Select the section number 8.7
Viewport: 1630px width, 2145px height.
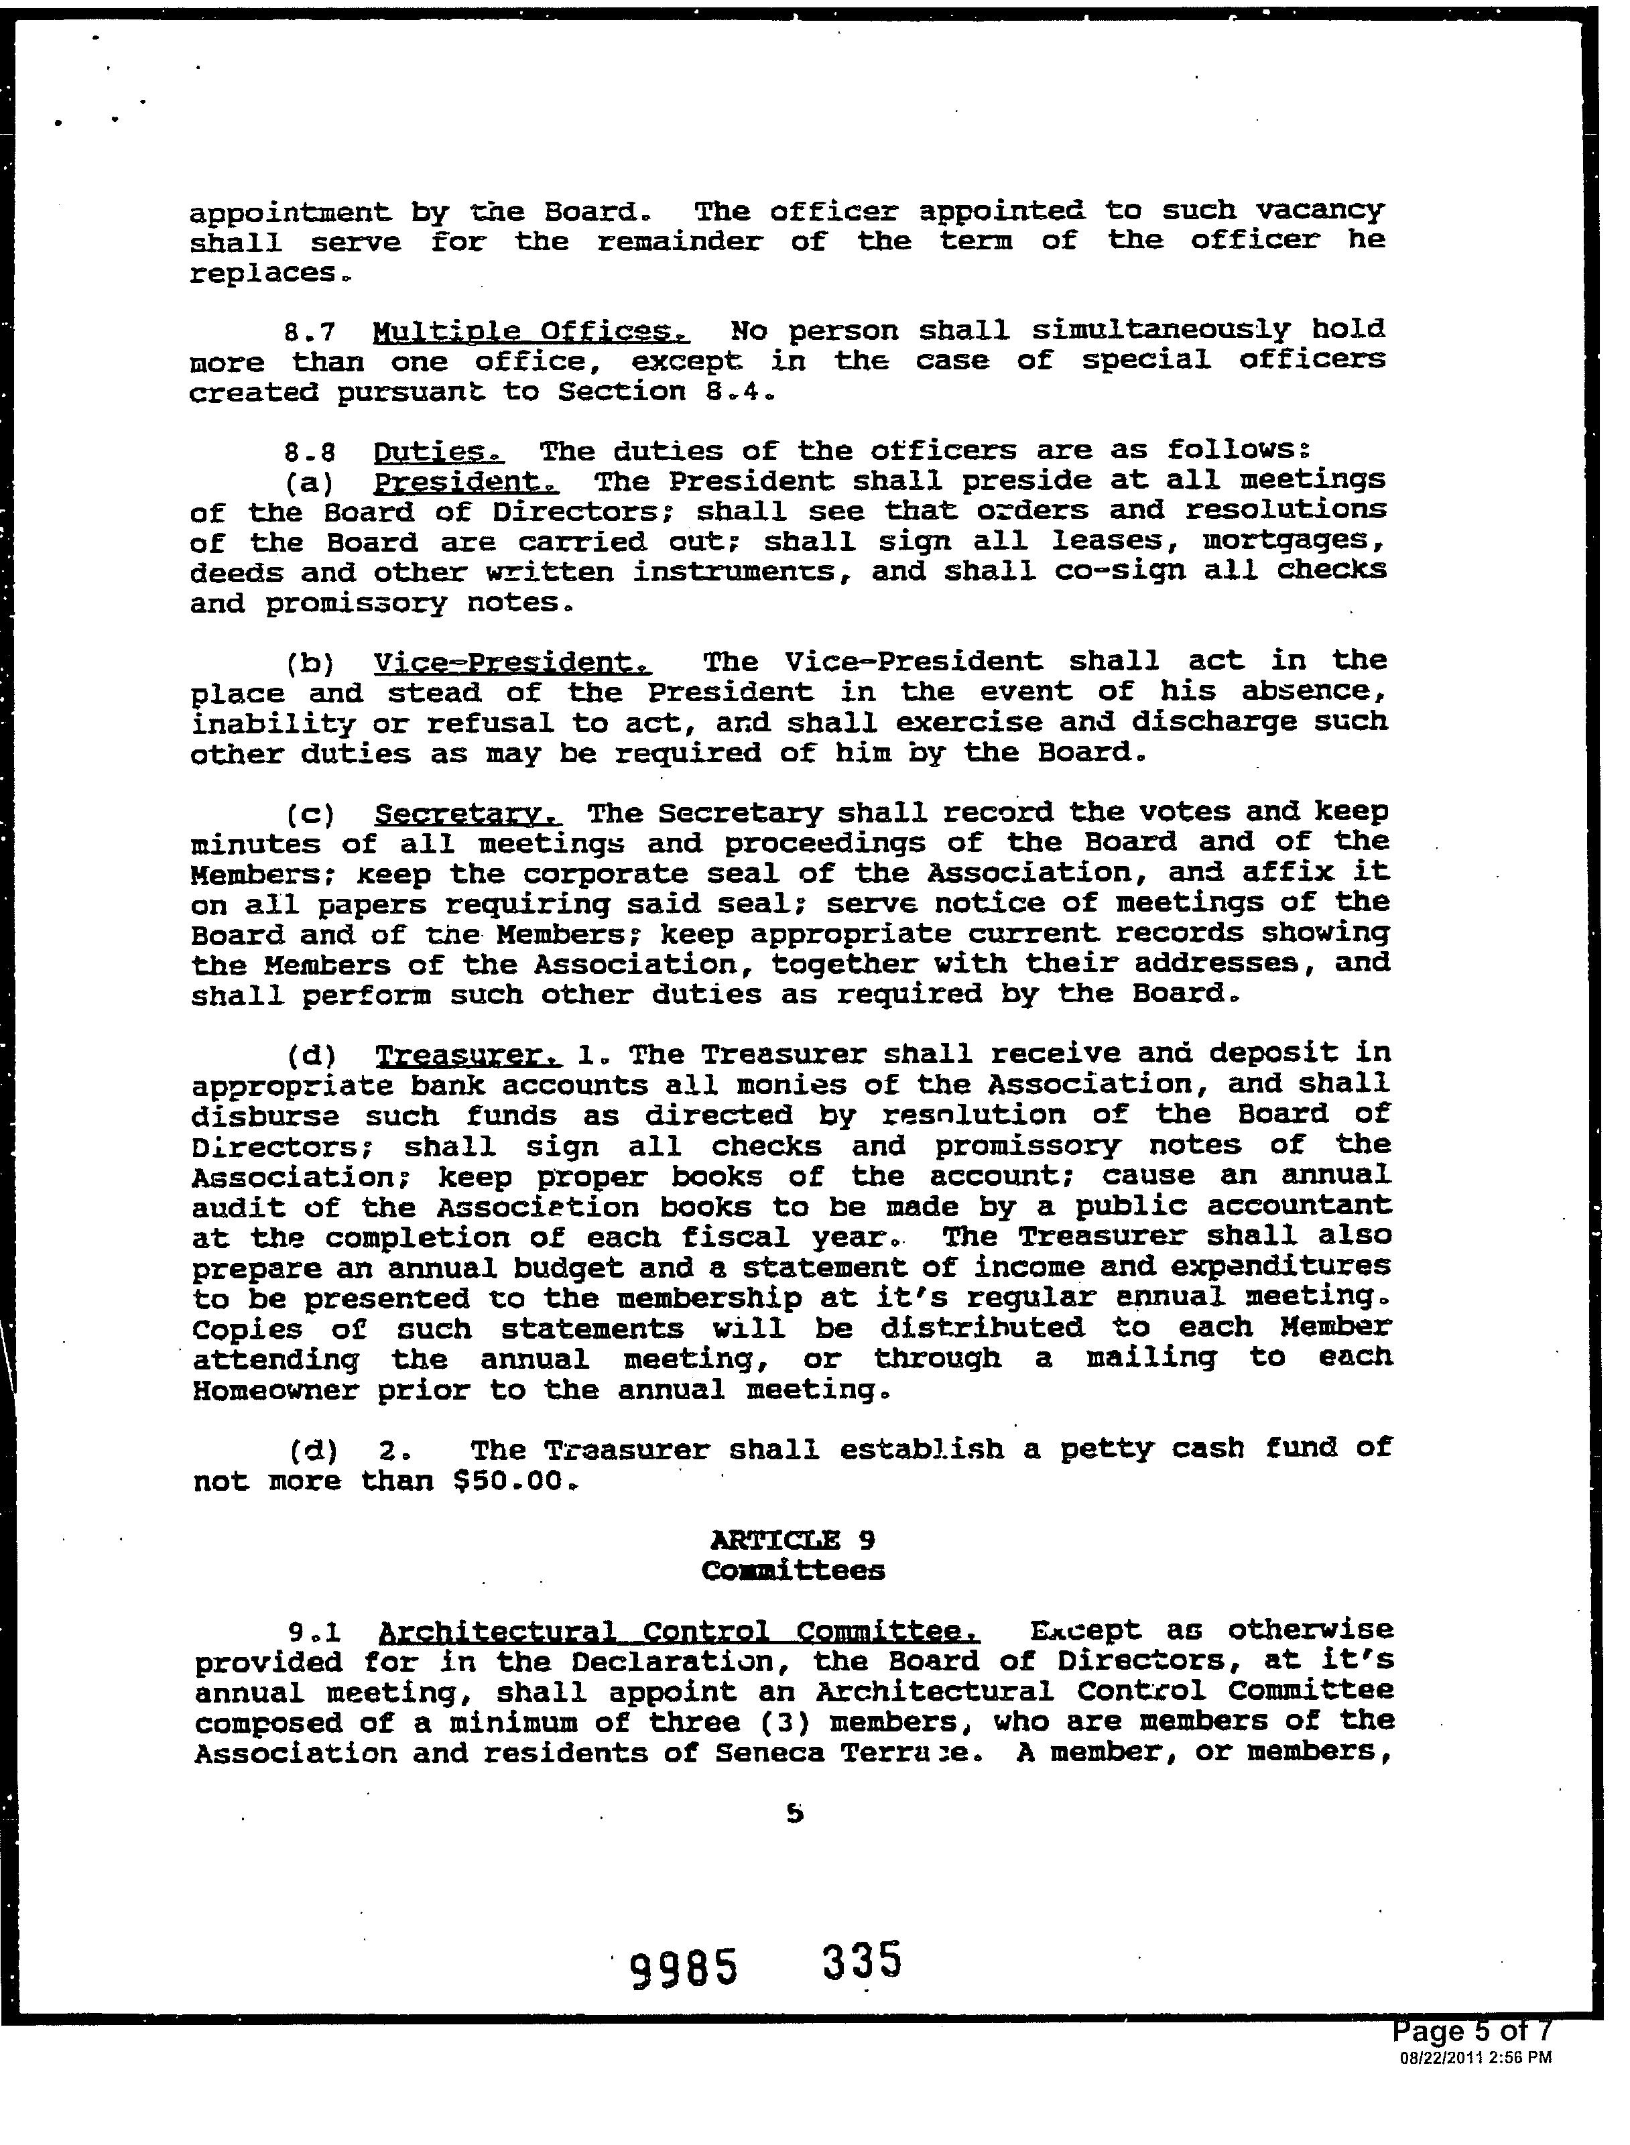click(310, 332)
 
